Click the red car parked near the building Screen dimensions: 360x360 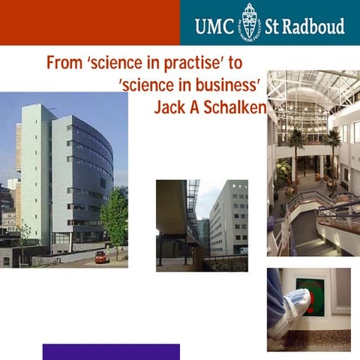(101, 256)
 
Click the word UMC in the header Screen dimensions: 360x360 (214, 26)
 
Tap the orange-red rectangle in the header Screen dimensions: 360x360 (89, 22)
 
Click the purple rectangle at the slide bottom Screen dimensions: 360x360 (111, 352)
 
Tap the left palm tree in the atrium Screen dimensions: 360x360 (296, 142)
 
